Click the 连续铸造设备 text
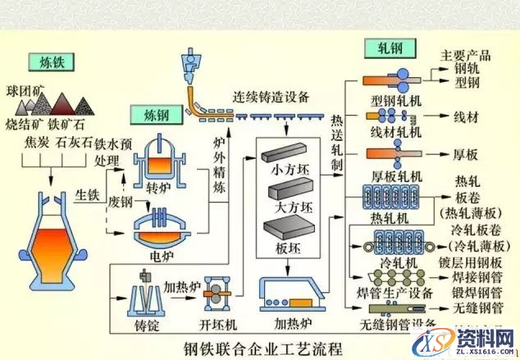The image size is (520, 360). tap(271, 96)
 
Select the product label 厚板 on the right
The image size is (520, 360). tap(471, 153)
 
